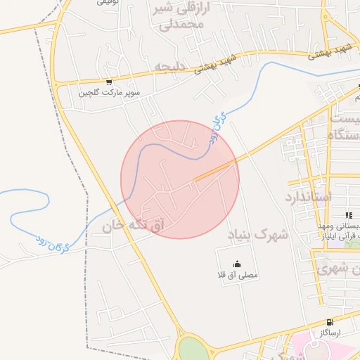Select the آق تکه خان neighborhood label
(x=133, y=226)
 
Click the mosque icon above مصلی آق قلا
(x=236, y=264)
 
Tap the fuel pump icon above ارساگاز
(x=330, y=322)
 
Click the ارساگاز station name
(x=329, y=333)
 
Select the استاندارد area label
(x=307, y=196)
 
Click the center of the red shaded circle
(x=180, y=179)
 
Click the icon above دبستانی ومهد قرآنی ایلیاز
(x=349, y=215)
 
